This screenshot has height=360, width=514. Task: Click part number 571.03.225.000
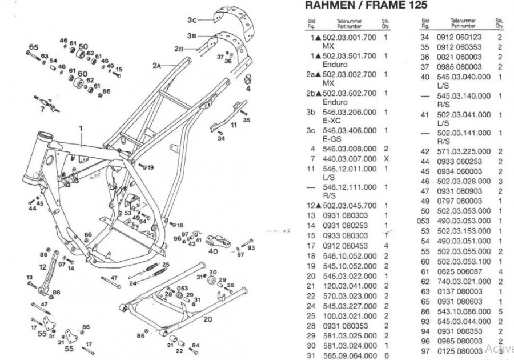pos(463,151)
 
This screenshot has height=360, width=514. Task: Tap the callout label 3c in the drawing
pos(192,19)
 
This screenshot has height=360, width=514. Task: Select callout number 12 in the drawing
pos(43,266)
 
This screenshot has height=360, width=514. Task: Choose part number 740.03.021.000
pos(463,282)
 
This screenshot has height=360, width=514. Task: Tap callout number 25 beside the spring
pos(166,265)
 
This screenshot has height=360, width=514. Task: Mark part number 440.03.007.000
pos(350,158)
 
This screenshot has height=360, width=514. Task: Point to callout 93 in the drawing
pos(251,248)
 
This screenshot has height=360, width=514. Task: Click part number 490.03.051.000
pos(463,241)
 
